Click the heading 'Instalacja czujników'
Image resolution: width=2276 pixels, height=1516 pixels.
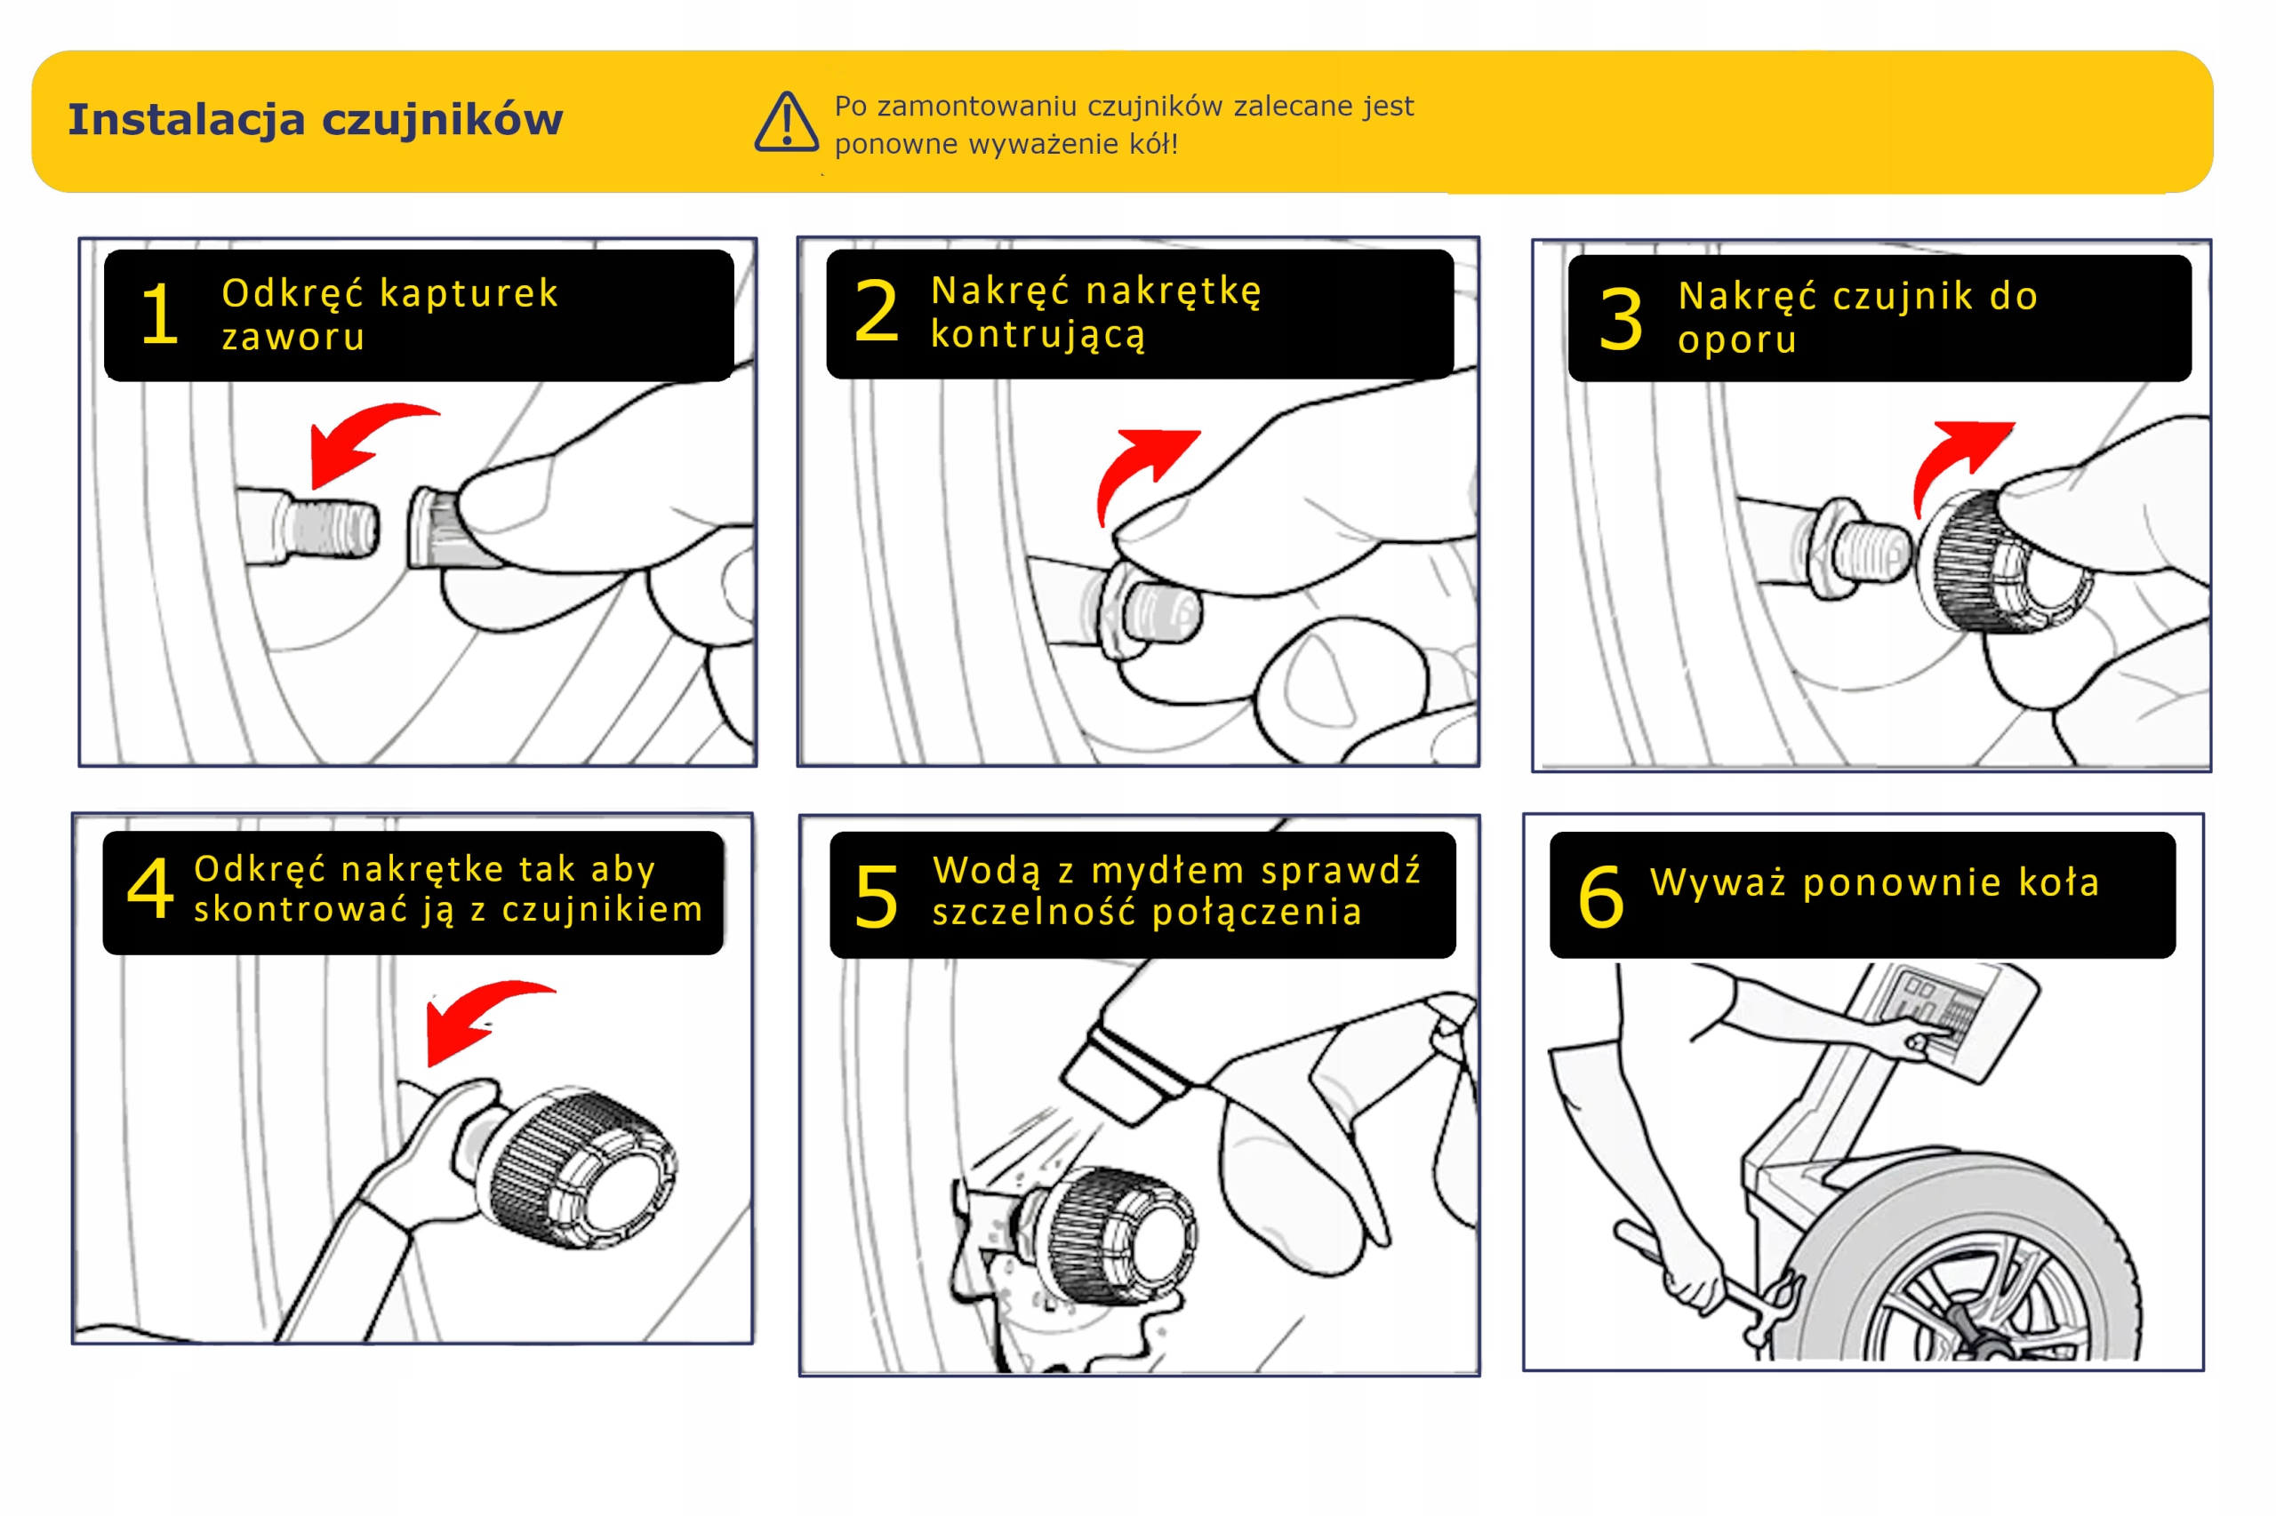316,120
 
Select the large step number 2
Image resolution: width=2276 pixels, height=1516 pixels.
877,311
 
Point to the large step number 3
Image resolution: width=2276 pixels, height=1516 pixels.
1620,319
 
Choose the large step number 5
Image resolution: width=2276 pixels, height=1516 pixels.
877,898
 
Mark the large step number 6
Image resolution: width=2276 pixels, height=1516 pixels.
1601,898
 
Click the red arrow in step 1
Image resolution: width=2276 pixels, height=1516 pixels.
363,440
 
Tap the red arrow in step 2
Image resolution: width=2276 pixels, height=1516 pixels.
1142,469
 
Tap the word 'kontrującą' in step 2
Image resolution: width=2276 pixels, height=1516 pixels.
1038,334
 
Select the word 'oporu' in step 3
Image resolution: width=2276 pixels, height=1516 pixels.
1736,339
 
